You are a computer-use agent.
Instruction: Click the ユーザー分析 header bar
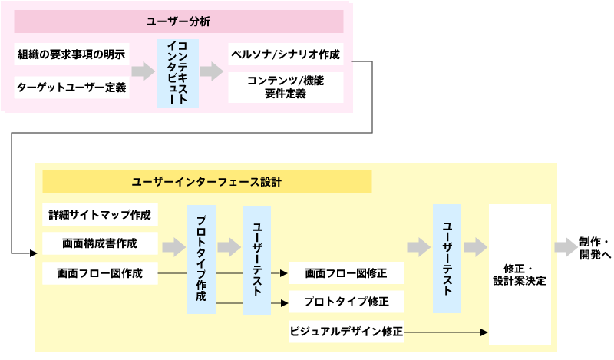pyautogui.click(x=178, y=21)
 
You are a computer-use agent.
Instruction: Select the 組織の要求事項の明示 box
pyautogui.click(x=71, y=55)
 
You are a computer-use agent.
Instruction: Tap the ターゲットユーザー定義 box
pyautogui.click(x=71, y=88)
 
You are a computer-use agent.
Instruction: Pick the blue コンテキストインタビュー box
pyautogui.click(x=177, y=73)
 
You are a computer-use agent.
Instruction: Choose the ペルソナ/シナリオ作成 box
pyautogui.click(x=286, y=55)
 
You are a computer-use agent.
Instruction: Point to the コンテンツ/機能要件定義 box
pyautogui.click(x=286, y=87)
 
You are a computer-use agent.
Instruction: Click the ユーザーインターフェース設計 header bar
pyautogui.click(x=206, y=182)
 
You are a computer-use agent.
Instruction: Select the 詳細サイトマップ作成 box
pyautogui.click(x=100, y=214)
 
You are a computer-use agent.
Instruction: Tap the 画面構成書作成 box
pyautogui.click(x=100, y=243)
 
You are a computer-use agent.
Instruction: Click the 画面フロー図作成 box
pyautogui.click(x=100, y=272)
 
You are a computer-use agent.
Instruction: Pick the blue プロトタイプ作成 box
pyautogui.click(x=201, y=259)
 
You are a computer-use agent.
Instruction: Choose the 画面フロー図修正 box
pyautogui.click(x=345, y=272)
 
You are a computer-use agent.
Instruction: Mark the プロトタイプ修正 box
pyautogui.click(x=345, y=301)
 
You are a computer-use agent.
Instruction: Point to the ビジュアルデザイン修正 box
pyautogui.click(x=345, y=332)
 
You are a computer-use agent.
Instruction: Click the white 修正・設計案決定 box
pyautogui.click(x=520, y=274)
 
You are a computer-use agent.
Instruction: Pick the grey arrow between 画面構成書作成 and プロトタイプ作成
pyautogui.click(x=173, y=246)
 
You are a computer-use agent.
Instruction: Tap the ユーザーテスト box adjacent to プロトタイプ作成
pyautogui.click(x=256, y=259)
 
